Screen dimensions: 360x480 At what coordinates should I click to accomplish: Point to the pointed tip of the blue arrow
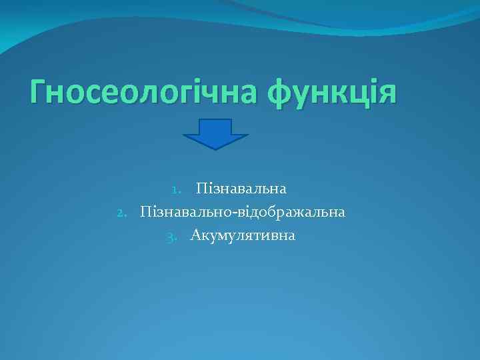pyautogui.click(x=215, y=147)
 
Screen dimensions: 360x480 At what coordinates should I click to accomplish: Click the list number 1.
pyautogui.click(x=175, y=190)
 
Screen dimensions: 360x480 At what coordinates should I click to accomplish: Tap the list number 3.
pyautogui.click(x=171, y=237)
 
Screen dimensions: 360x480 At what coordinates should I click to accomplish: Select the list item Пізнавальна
pyautogui.click(x=241, y=189)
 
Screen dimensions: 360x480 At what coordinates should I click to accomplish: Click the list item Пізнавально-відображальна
pyautogui.click(x=242, y=213)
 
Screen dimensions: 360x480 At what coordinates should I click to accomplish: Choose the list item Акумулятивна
pyautogui.click(x=243, y=235)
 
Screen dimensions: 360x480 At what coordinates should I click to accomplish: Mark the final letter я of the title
pyautogui.click(x=387, y=91)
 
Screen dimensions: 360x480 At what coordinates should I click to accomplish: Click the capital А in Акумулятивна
pyautogui.click(x=195, y=235)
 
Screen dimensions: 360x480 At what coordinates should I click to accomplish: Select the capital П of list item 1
pyautogui.click(x=201, y=189)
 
